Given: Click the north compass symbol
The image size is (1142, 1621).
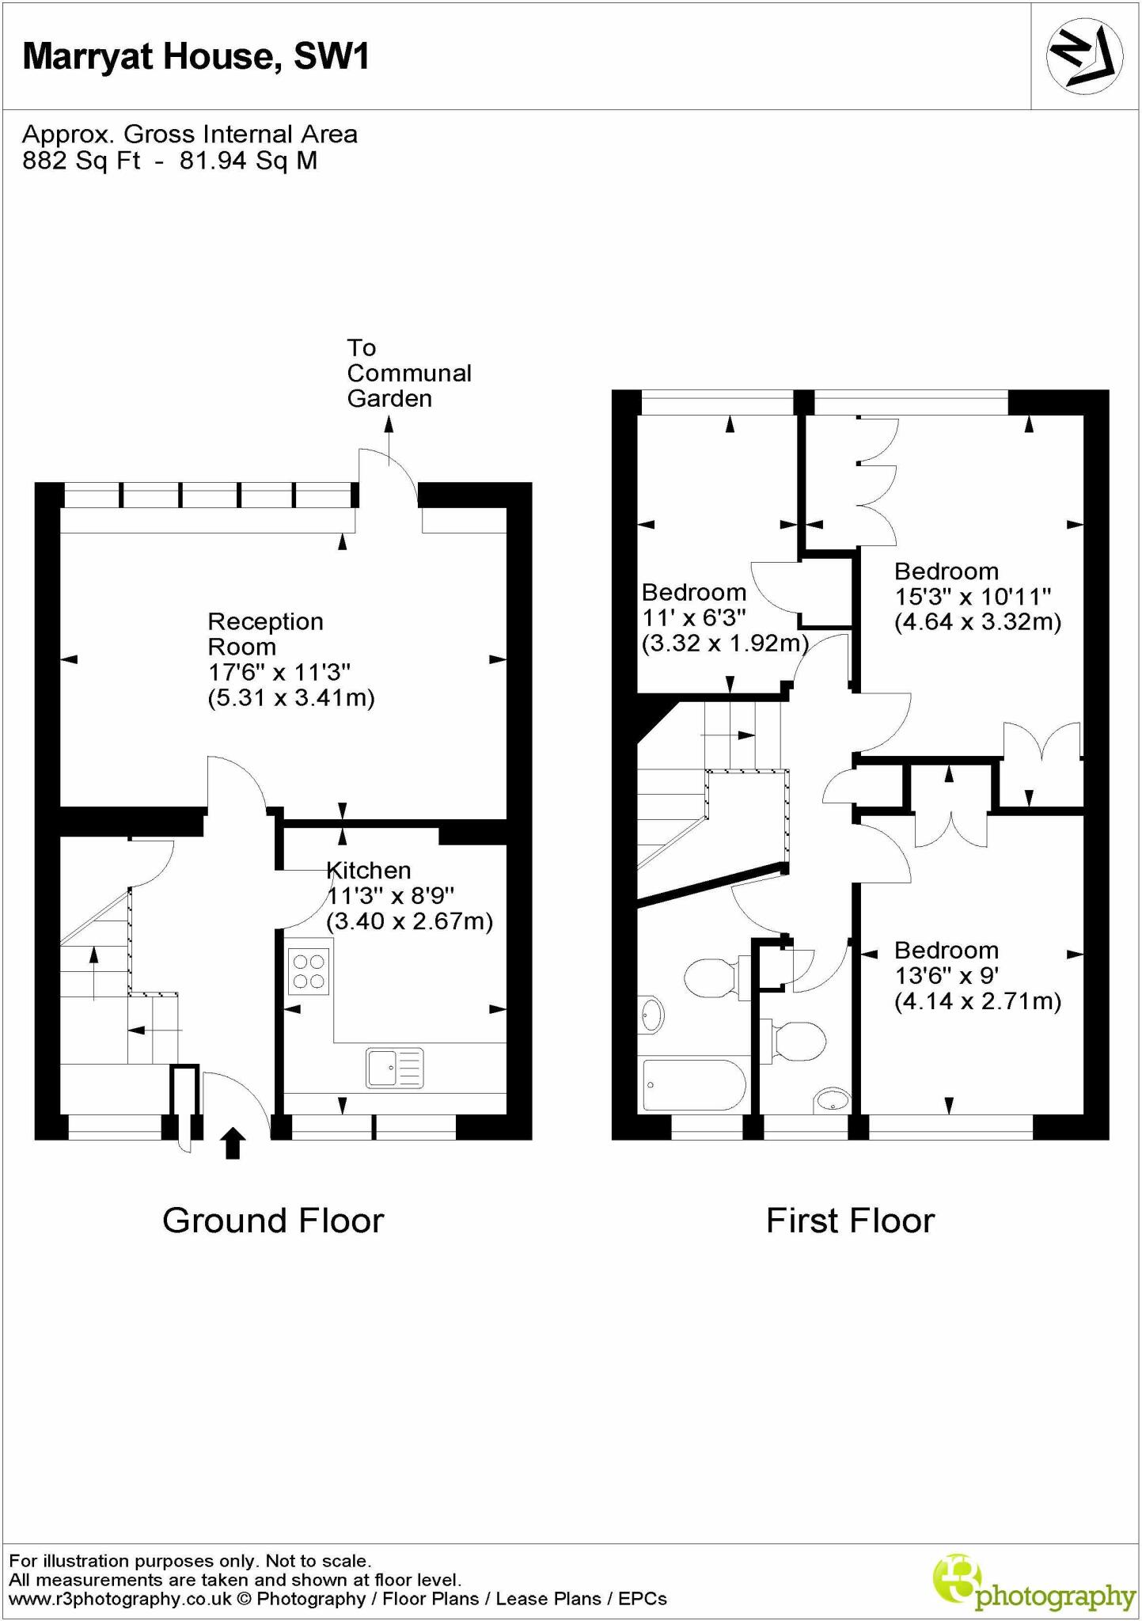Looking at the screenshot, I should [1084, 56].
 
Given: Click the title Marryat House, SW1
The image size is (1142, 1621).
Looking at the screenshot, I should [196, 57].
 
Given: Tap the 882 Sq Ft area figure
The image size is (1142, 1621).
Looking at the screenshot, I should [81, 161].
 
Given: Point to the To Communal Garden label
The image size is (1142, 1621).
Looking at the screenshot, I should [408, 373].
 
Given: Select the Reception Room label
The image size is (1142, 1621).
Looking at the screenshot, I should [266, 634].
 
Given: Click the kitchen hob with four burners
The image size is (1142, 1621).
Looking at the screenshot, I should [309, 971].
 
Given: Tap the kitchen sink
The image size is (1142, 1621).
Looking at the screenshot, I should [395, 1068].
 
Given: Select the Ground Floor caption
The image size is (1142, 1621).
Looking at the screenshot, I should [273, 1220].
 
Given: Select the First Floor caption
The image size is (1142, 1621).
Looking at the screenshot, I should [850, 1220].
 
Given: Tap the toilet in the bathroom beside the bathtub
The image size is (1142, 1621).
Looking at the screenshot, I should [712, 979].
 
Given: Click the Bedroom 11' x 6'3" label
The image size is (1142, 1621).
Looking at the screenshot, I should [694, 592].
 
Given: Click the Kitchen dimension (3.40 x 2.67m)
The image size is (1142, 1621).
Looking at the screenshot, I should [409, 921].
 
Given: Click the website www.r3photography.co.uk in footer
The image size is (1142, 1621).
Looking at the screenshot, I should [120, 1599].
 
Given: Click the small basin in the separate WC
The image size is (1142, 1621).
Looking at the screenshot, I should [831, 1099].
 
